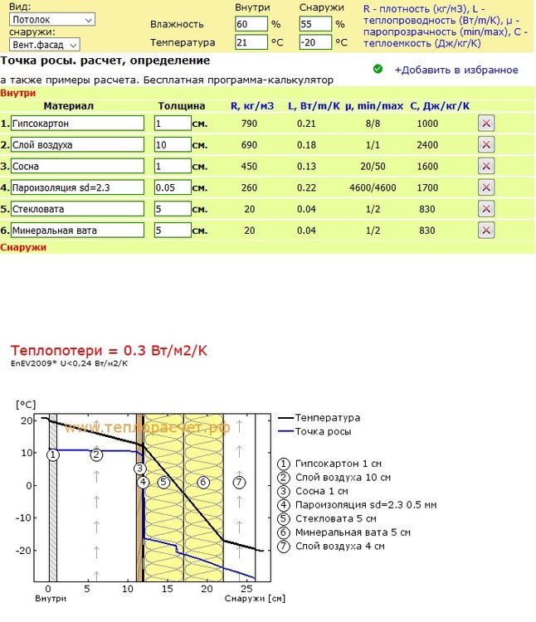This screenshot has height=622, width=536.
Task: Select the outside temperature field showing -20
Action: (x=314, y=42)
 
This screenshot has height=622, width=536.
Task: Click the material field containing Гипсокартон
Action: (x=78, y=123)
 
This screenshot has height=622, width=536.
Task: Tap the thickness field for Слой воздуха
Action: (x=173, y=144)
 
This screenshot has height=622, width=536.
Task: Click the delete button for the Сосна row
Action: (x=487, y=166)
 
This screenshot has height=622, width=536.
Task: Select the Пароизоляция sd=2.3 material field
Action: (x=78, y=187)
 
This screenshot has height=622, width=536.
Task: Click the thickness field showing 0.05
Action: (x=173, y=187)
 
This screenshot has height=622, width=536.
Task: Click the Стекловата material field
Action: (x=78, y=209)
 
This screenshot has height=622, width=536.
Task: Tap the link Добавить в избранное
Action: (x=456, y=70)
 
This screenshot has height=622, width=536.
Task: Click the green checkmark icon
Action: (x=378, y=69)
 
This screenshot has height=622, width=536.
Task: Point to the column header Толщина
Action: (x=181, y=105)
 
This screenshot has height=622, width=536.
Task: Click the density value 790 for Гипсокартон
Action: (x=249, y=123)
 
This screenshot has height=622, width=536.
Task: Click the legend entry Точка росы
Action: (x=323, y=431)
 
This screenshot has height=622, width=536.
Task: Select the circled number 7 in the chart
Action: (x=239, y=482)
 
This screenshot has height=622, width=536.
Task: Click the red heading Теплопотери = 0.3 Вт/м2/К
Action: (x=109, y=350)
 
